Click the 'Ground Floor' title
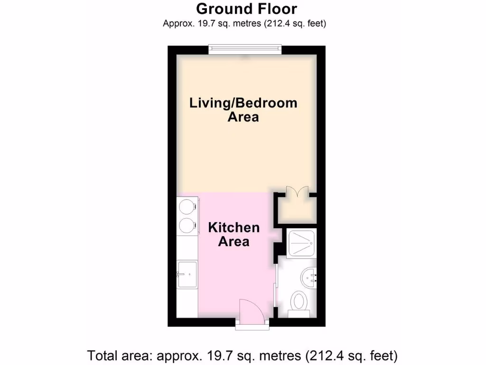click(246, 9)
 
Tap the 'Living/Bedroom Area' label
click(243, 110)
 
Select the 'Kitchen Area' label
click(234, 234)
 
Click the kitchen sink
click(187, 274)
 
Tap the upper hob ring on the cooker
click(186, 206)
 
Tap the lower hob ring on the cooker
click(186, 225)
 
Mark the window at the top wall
click(245, 49)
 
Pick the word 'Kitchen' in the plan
click(234, 227)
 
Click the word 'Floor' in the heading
click(275, 9)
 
